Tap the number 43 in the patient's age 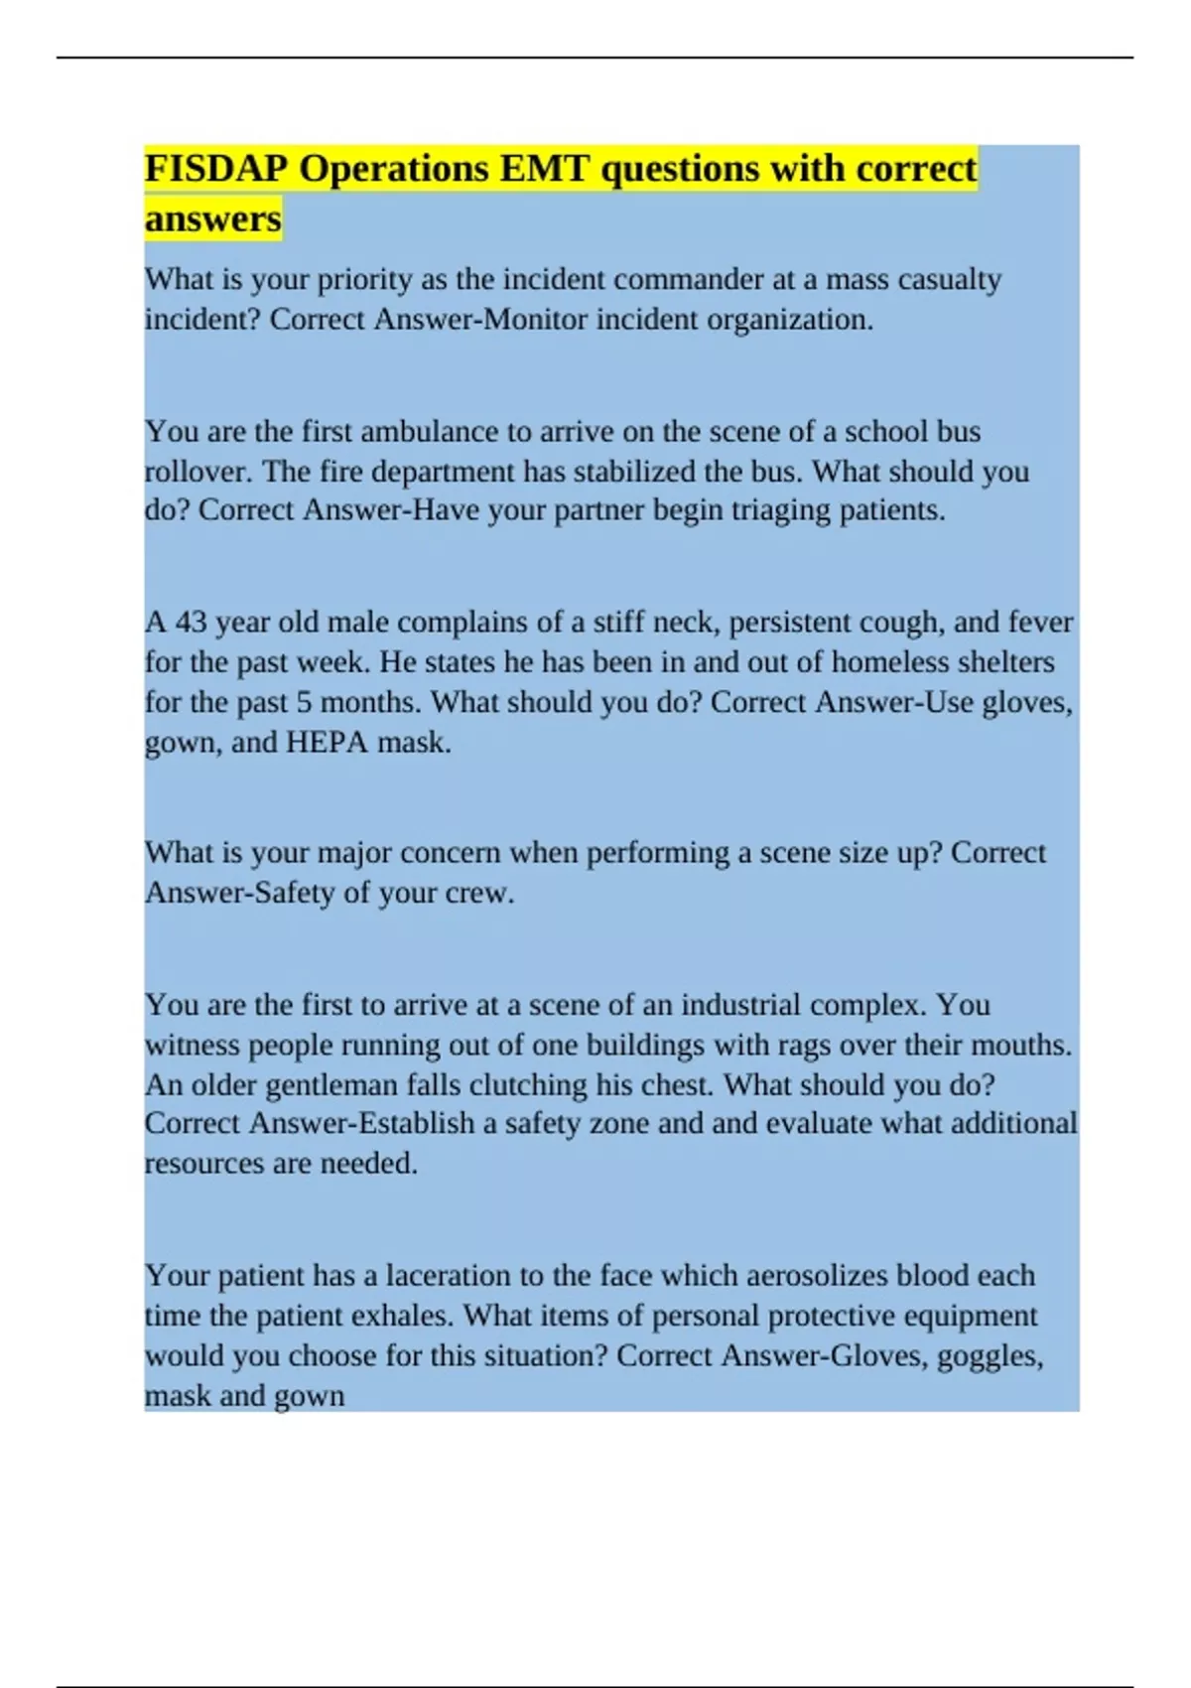(x=192, y=623)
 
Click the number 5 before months (x=304, y=702)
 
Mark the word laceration (x=452, y=1275)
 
